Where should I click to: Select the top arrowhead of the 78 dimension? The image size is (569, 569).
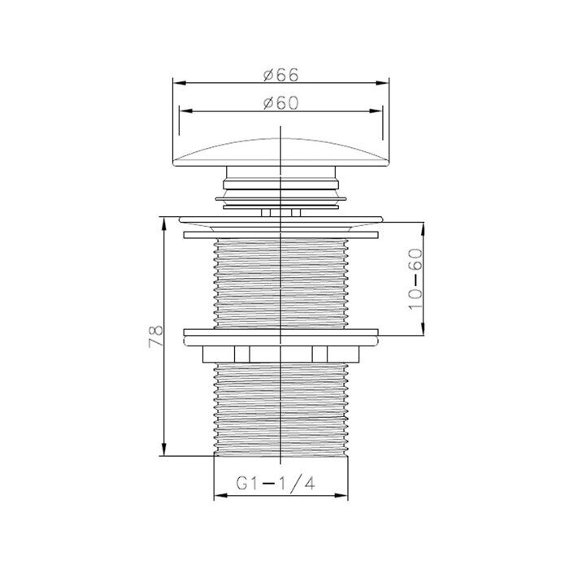pyautogui.click(x=165, y=219)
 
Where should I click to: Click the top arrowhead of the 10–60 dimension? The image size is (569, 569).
pyautogui.click(x=422, y=225)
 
